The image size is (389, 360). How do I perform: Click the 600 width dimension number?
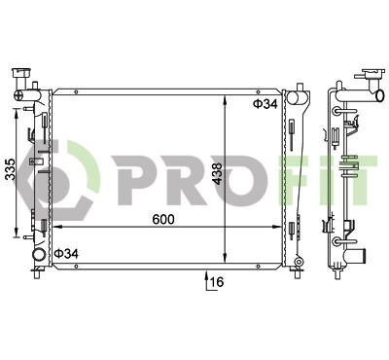point(163,220)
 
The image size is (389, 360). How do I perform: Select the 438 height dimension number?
point(217,173)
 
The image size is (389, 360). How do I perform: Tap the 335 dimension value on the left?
point(11,169)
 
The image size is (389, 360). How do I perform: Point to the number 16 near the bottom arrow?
point(217,282)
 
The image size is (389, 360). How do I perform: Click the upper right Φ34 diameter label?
point(265,104)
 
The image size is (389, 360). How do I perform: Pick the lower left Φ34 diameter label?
point(66,254)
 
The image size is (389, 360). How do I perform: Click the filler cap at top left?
point(21,73)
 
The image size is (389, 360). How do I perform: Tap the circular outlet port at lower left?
point(39,254)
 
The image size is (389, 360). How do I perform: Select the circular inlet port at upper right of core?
point(293,96)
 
